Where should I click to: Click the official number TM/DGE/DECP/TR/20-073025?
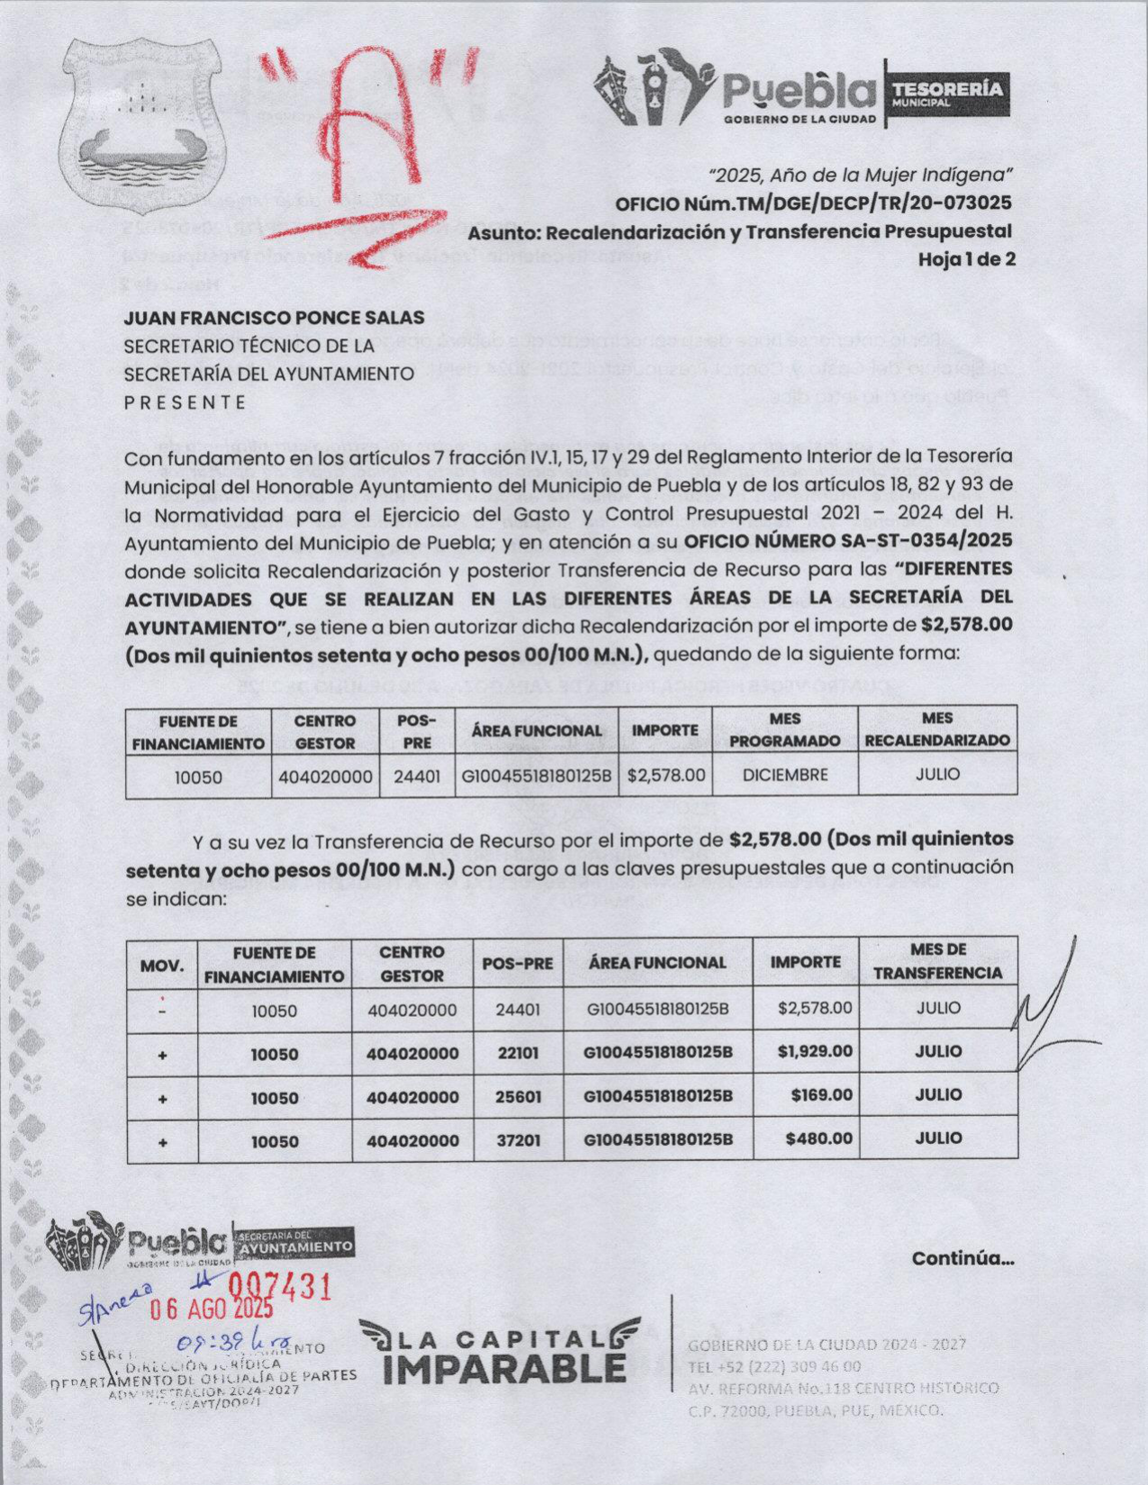point(862,203)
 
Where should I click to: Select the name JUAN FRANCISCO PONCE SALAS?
point(274,318)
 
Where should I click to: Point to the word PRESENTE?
point(185,402)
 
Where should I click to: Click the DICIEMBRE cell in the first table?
point(784,775)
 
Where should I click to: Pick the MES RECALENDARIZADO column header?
point(937,730)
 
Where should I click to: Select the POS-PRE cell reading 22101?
point(518,1052)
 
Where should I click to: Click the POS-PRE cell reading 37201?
point(519,1139)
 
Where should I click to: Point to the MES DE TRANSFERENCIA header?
point(937,961)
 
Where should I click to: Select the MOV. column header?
point(162,966)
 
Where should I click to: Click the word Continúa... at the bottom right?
point(963,1258)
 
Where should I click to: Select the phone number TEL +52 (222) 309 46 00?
point(775,1366)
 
